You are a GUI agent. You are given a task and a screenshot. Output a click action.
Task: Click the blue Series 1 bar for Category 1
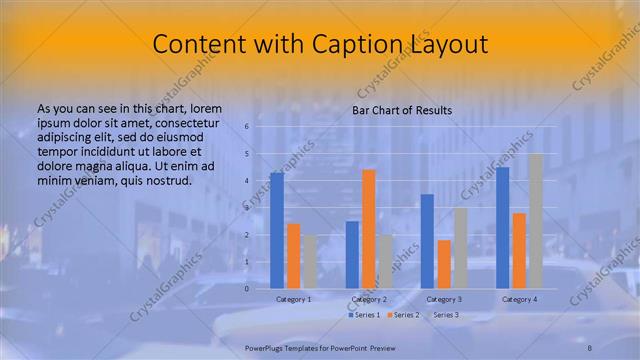pyautogui.click(x=277, y=230)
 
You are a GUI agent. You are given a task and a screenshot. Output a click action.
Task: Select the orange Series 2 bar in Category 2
pyautogui.click(x=368, y=229)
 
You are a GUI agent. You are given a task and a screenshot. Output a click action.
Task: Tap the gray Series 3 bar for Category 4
pyautogui.click(x=535, y=221)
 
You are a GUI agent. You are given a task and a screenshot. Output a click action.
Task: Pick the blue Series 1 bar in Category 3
pyautogui.click(x=427, y=241)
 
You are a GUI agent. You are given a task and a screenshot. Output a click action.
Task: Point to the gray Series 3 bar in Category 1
pyautogui.click(x=310, y=261)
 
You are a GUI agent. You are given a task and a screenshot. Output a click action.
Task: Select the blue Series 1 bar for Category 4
pyautogui.click(x=502, y=227)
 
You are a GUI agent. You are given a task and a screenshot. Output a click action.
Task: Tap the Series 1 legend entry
pyautogui.click(x=364, y=315)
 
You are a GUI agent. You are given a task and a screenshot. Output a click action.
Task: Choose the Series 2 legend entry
pyautogui.click(x=402, y=315)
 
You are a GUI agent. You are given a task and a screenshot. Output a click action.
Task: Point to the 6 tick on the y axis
pyautogui.click(x=247, y=127)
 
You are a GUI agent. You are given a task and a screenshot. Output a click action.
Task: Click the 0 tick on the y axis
pyautogui.click(x=247, y=288)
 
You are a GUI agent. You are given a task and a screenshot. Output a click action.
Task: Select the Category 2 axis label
pyautogui.click(x=369, y=299)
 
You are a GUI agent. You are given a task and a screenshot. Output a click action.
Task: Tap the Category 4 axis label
pyautogui.click(x=519, y=299)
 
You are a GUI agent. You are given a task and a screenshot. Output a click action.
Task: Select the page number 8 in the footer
pyautogui.click(x=590, y=345)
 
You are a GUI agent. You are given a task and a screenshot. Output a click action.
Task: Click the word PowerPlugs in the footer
pyautogui.click(x=266, y=345)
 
